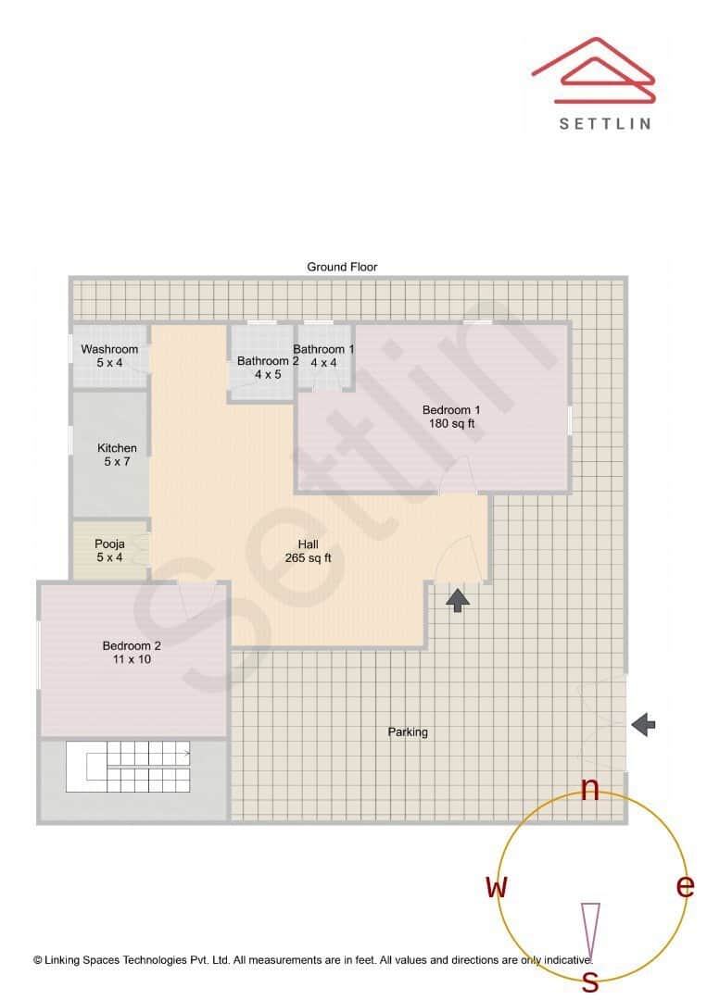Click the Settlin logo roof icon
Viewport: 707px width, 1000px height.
click(593, 71)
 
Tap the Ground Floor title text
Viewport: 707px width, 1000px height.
click(342, 267)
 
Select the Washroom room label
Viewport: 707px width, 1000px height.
click(109, 349)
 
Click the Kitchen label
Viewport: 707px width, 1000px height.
click(117, 448)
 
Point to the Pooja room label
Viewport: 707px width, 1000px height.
click(109, 544)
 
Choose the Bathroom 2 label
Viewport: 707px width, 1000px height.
click(267, 361)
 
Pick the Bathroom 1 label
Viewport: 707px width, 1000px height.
click(323, 349)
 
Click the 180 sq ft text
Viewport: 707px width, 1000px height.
click(451, 424)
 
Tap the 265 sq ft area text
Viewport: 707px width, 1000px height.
click(308, 558)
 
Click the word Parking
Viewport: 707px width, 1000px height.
click(408, 732)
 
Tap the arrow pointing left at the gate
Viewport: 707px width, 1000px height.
click(643, 725)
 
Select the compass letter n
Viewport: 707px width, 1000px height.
click(589, 788)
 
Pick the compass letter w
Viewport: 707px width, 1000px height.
click(498, 887)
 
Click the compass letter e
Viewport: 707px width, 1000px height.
click(685, 886)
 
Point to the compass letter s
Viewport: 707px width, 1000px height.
click(589, 981)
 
